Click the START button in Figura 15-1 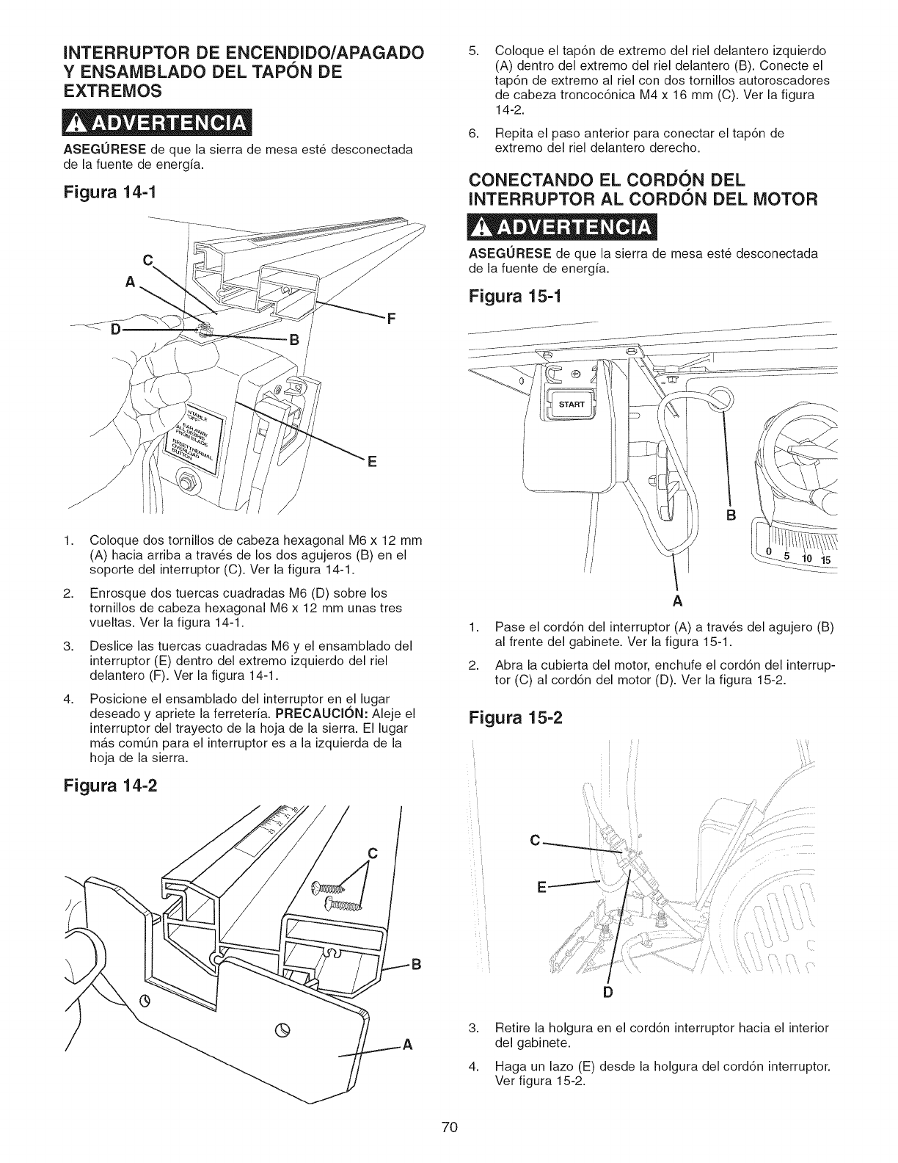tap(570, 404)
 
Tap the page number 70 tap(450, 1127)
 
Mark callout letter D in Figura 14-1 tap(115, 328)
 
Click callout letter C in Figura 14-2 tap(372, 853)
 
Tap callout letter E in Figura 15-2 tap(542, 887)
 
